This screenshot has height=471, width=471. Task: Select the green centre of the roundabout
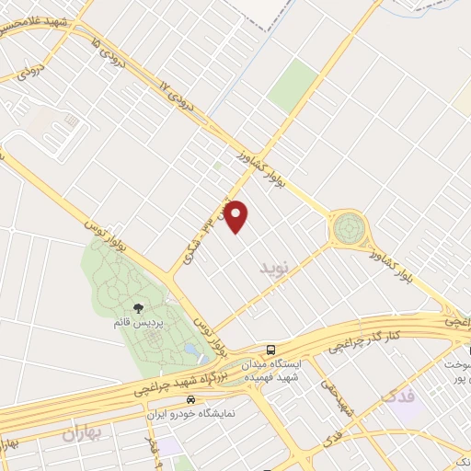tap(349, 227)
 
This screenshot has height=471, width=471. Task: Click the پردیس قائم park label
tap(144, 323)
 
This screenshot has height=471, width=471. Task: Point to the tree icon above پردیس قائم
tap(138, 308)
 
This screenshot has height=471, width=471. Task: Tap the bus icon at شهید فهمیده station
tap(270, 350)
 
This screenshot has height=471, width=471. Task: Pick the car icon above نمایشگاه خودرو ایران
tap(190, 400)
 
